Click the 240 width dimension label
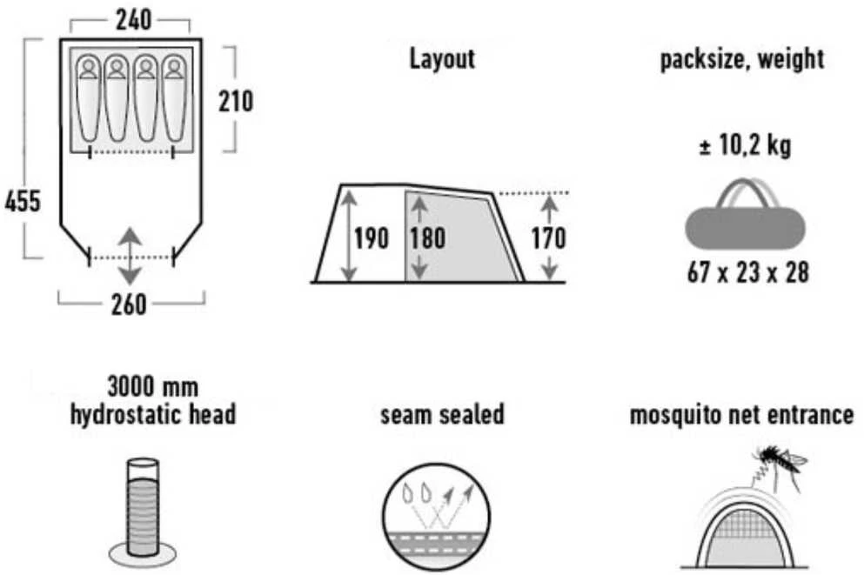click(133, 20)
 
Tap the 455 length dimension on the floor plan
click(23, 201)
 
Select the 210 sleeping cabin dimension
click(236, 101)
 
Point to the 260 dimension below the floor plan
click(129, 304)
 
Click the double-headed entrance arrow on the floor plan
click(130, 256)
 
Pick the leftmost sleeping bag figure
click(88, 98)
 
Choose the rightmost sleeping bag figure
click(174, 98)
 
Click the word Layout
click(442, 58)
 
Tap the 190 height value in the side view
click(372, 238)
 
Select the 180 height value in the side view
click(427, 238)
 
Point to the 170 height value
click(549, 238)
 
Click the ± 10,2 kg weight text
click(745, 146)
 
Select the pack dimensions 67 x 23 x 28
click(747, 272)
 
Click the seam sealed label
click(442, 414)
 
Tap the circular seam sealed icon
click(437, 517)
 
